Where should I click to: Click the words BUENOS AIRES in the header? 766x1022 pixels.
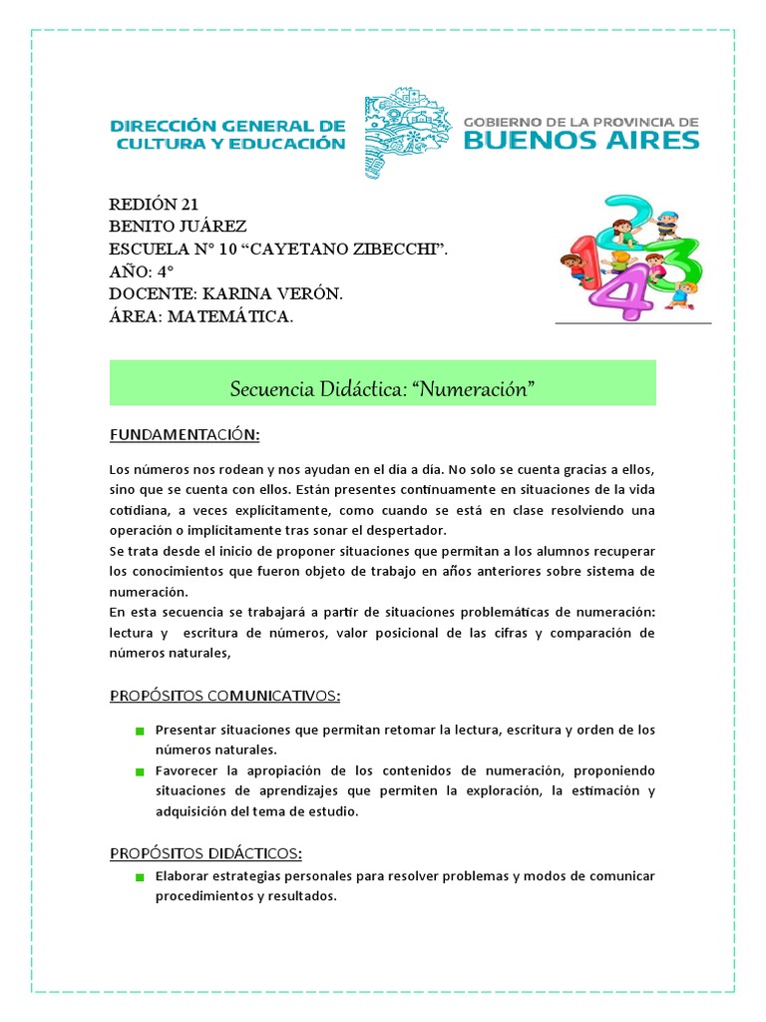[x=582, y=140]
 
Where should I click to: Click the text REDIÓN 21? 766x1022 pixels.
[x=155, y=205]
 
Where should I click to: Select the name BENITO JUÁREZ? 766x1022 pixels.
[x=178, y=227]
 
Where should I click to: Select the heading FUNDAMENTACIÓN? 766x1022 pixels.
[x=185, y=435]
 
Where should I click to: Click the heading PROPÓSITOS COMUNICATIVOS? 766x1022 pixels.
[x=224, y=695]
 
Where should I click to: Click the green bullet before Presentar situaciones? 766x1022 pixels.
[x=141, y=732]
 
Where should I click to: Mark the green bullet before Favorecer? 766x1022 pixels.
[x=141, y=772]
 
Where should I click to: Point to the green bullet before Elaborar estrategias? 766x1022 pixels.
[x=141, y=877]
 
